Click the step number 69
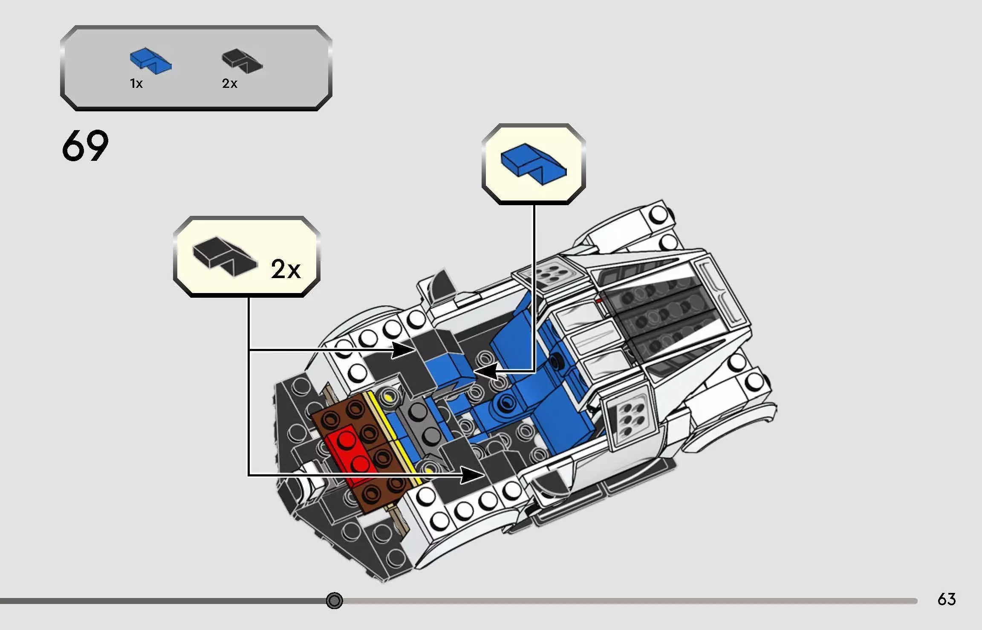click(x=85, y=146)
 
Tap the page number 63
click(x=947, y=599)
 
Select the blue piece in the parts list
click(x=150, y=61)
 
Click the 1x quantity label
click(x=136, y=84)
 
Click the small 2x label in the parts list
click(x=229, y=84)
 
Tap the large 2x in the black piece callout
click(x=286, y=269)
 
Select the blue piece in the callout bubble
click(x=533, y=164)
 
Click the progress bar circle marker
click(x=334, y=601)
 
